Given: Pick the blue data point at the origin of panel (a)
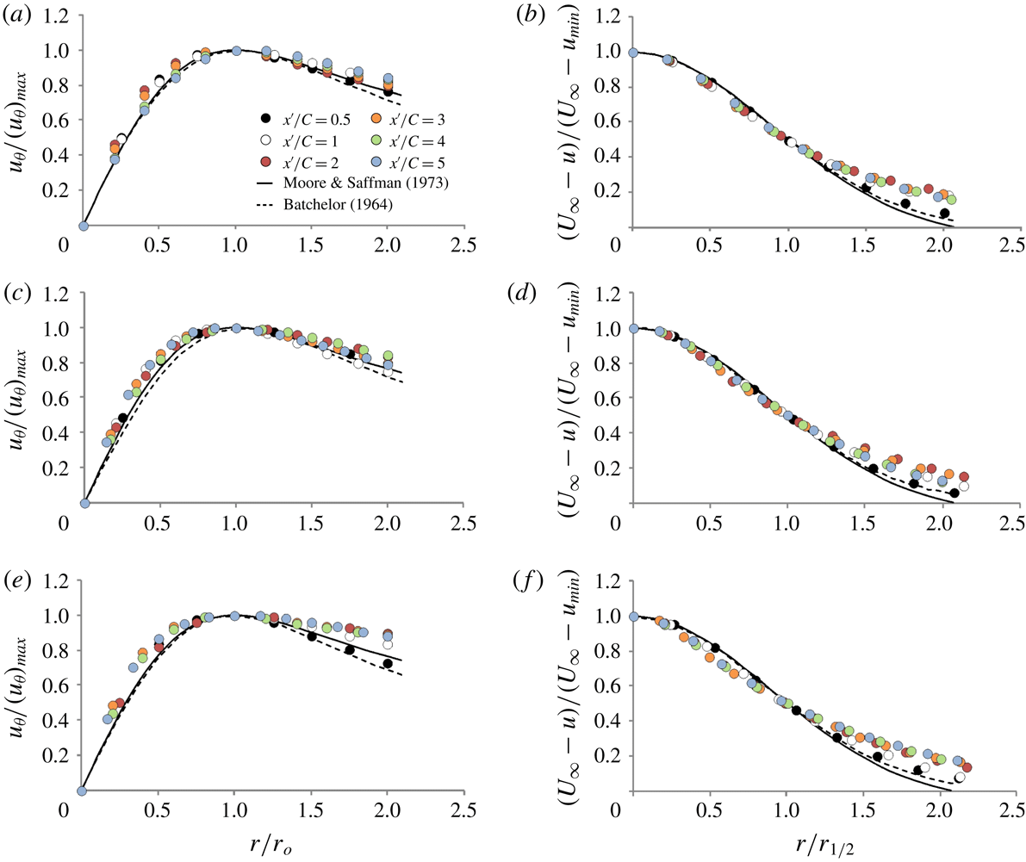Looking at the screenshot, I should pos(84,226).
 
